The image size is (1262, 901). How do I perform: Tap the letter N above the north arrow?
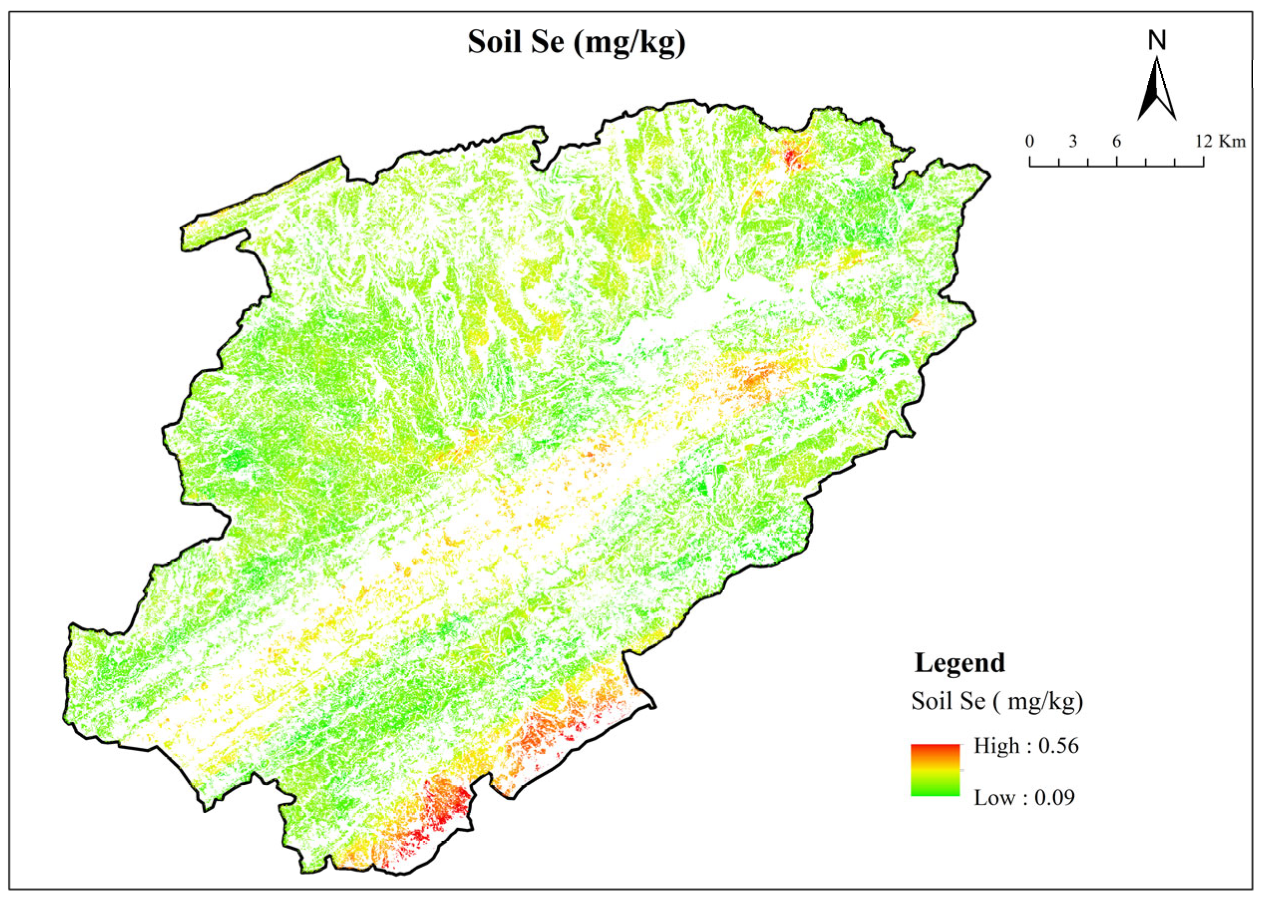coord(1157,40)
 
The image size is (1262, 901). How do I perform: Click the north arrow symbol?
coord(1157,92)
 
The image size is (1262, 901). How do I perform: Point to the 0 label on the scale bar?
coord(1030,142)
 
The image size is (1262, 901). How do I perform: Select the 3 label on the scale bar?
coord(1073,142)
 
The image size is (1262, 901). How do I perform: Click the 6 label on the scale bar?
coord(1116,142)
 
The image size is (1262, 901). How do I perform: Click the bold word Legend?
coord(959,663)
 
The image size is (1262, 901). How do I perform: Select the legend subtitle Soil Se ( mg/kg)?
coord(997,701)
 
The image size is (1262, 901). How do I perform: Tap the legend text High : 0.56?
coord(1026,746)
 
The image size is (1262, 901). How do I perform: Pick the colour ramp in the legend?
coord(935,770)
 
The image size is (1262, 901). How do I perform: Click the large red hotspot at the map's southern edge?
coord(447,802)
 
